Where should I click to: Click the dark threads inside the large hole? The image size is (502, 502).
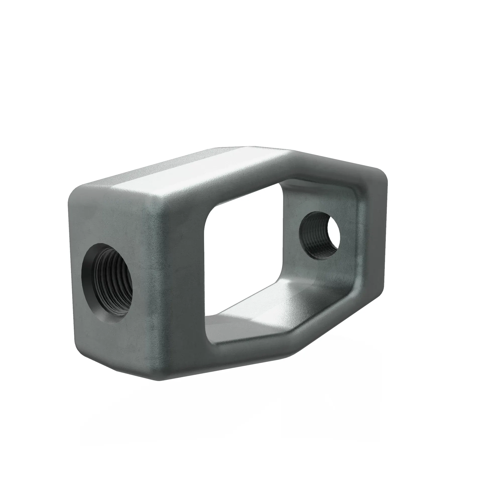pos(114,273)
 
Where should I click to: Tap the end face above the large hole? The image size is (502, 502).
pos(109,216)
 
